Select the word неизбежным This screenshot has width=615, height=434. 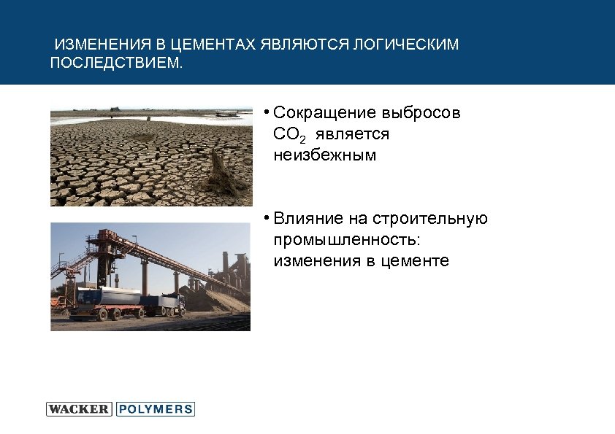[325, 155]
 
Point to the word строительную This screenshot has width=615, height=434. [430, 220]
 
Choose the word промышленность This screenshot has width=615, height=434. [347, 240]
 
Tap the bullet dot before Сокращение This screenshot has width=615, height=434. [268, 112]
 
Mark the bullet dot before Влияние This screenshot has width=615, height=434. [268, 218]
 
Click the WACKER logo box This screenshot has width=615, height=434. [79, 409]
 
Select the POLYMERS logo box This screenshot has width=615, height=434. [155, 409]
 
